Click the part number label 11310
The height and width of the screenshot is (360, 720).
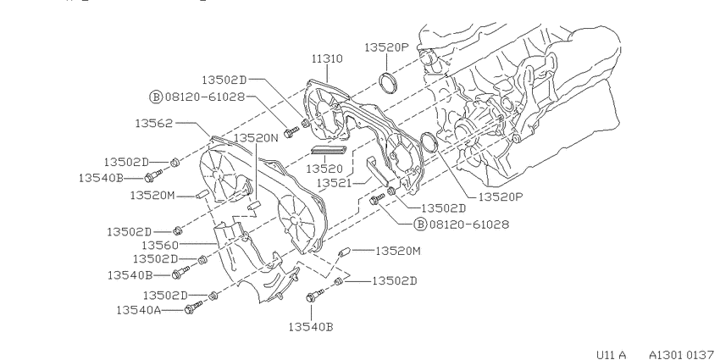328,58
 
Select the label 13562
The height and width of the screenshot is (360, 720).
154,123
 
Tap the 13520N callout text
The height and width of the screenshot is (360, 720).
256,138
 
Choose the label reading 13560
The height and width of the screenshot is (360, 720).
160,245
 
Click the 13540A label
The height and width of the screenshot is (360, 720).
139,310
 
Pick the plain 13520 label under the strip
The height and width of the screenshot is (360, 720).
324,169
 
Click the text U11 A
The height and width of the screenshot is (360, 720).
612,354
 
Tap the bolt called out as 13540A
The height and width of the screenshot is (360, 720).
193,308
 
